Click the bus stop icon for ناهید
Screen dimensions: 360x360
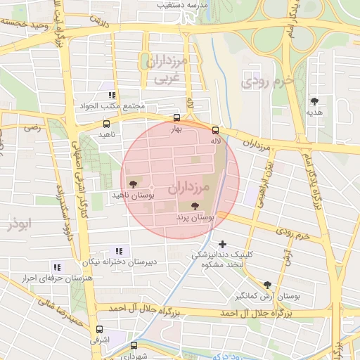click(106, 124)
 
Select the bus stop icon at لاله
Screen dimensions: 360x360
click(215, 129)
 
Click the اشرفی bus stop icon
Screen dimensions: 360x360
click(99, 328)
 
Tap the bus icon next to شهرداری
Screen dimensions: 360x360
click(134, 345)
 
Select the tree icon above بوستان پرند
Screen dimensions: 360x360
click(195, 207)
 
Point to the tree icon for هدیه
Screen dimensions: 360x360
click(314, 101)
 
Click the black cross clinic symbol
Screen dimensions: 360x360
click(223, 244)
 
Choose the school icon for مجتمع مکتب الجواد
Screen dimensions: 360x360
click(111, 95)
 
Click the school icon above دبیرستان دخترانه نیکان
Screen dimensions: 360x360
click(118, 250)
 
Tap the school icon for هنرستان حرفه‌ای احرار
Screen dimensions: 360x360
click(57, 267)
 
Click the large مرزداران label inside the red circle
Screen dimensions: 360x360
click(190, 188)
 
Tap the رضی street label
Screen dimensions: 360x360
click(32, 128)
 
